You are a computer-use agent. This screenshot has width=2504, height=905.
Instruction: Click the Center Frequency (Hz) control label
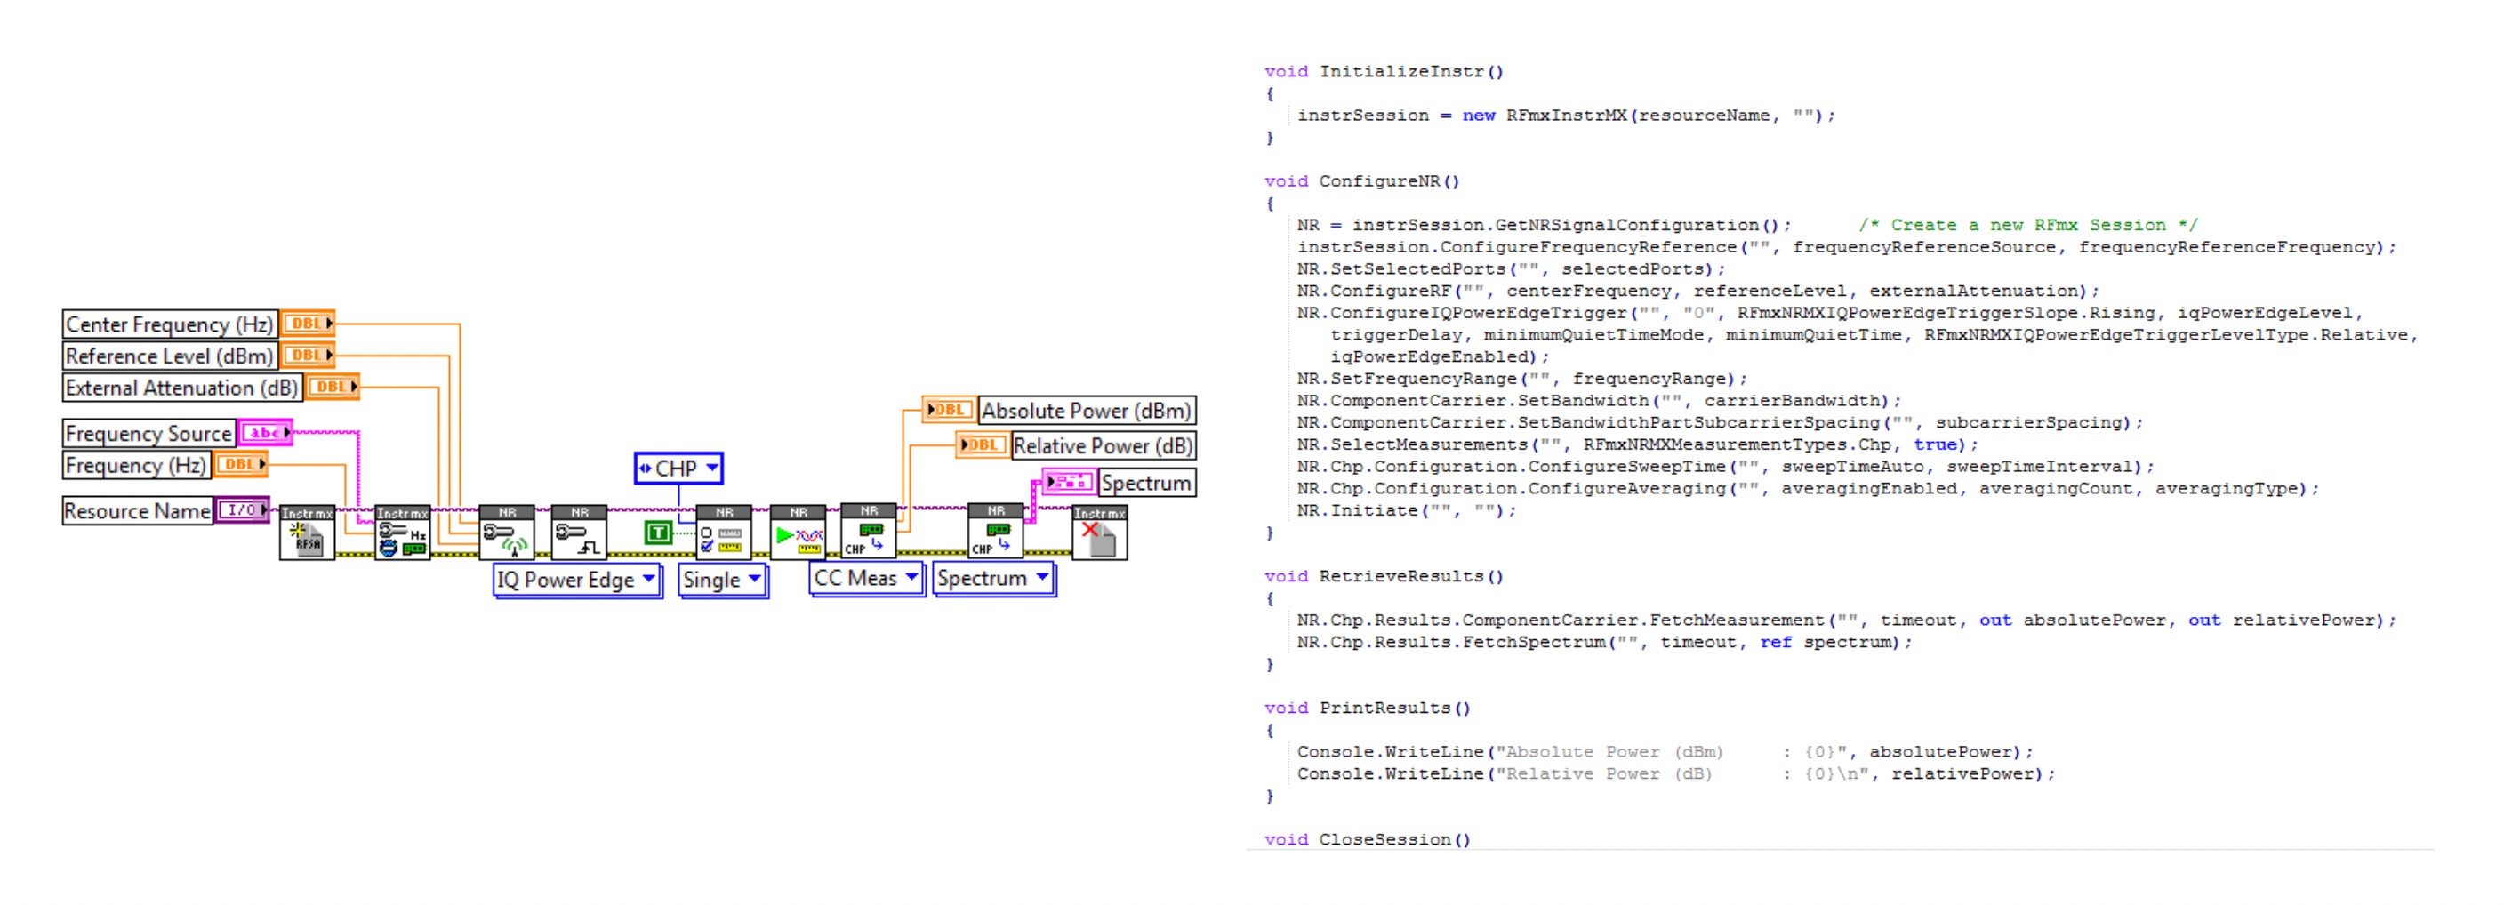click(169, 324)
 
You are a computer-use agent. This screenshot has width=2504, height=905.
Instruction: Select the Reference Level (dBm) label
click(169, 356)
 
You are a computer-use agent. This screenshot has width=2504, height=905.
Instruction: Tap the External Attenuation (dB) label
click(181, 388)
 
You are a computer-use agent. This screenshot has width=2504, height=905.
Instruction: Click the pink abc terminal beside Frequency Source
click(265, 433)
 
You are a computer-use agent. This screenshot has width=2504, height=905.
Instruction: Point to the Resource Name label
click(137, 510)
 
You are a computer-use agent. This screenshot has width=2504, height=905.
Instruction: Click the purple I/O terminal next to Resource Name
click(242, 509)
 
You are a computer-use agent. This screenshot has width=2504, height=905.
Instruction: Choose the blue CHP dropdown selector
click(678, 469)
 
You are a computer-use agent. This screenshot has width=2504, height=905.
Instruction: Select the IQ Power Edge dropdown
click(576, 581)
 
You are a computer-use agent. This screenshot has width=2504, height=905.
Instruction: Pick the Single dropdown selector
click(722, 581)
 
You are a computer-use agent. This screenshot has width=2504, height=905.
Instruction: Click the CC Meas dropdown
click(866, 579)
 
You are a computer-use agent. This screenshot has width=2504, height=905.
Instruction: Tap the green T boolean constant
click(658, 532)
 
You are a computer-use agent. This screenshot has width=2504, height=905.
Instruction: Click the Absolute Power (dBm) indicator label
click(1085, 410)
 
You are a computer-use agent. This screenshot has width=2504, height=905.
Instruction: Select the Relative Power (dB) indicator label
click(1103, 446)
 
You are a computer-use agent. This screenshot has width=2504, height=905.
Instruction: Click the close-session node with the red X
click(1099, 533)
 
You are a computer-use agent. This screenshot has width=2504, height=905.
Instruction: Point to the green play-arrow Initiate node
click(797, 533)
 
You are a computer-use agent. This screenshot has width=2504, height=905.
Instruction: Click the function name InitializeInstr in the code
click(1400, 72)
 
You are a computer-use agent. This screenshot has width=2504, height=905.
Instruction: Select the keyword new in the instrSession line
click(1478, 116)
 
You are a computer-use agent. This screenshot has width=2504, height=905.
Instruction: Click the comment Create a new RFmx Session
click(2027, 226)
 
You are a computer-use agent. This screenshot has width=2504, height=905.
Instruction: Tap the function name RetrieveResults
click(1400, 576)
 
